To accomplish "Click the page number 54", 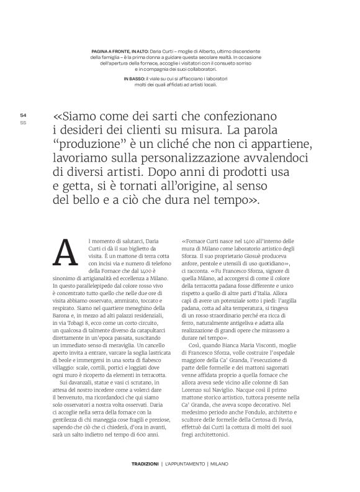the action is [23, 115].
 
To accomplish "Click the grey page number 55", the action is [23, 122].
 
